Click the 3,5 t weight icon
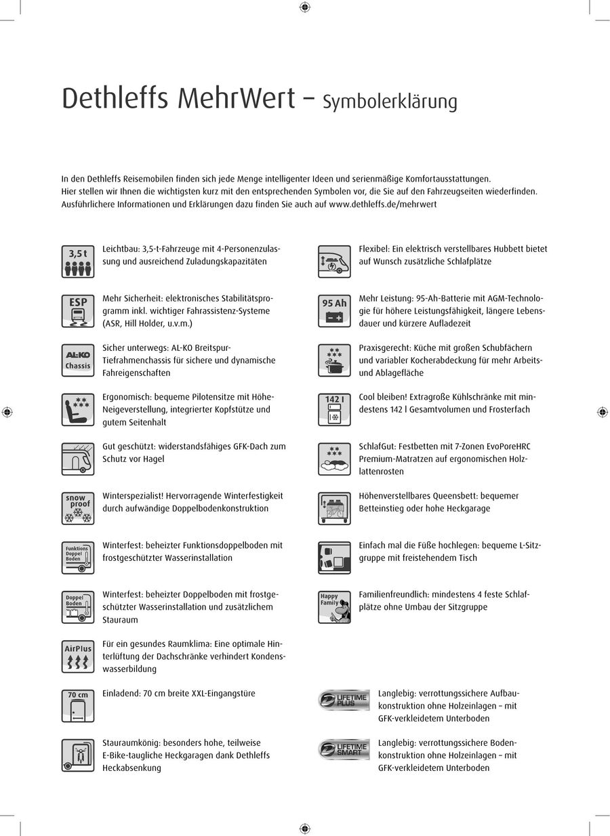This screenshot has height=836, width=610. (78, 262)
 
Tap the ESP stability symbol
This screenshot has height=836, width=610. (78, 310)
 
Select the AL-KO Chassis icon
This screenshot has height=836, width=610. (78, 360)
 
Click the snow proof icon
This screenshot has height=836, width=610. (78, 508)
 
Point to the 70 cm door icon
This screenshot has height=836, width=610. (78, 705)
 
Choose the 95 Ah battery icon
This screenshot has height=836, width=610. (335, 310)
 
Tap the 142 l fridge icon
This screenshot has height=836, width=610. (335, 409)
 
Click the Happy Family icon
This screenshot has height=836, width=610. (335, 607)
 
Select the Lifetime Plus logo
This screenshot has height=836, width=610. (344, 700)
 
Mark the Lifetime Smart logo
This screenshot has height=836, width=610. (344, 749)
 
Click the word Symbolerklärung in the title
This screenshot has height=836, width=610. (390, 102)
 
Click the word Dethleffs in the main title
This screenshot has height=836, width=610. (115, 99)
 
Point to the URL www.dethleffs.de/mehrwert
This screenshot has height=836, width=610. (382, 204)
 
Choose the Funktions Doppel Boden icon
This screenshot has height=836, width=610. (78, 558)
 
